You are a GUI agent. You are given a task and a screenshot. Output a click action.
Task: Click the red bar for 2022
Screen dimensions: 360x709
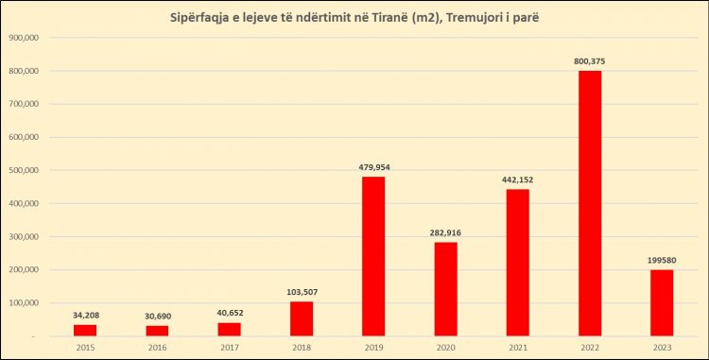[x=590, y=203]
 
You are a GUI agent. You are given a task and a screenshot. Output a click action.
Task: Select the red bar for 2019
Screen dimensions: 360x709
[x=373, y=256]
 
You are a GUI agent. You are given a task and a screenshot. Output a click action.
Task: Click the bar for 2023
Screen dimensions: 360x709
[x=663, y=302]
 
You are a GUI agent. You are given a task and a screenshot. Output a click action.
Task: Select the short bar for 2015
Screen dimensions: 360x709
[x=85, y=330]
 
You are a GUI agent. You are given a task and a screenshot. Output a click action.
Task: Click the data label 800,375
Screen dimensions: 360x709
[x=590, y=61]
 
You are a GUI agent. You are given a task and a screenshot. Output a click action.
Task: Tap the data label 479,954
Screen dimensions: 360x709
[x=373, y=167]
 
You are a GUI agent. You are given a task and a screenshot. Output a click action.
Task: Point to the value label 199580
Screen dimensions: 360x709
[x=663, y=260]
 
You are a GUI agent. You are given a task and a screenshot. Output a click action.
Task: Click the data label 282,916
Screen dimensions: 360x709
[x=446, y=232]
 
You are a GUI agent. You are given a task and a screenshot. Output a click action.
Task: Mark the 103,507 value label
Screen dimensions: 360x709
[x=302, y=292]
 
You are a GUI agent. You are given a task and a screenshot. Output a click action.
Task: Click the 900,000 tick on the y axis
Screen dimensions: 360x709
[x=22, y=38]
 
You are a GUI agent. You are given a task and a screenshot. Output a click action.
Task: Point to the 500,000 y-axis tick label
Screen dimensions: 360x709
[x=22, y=171]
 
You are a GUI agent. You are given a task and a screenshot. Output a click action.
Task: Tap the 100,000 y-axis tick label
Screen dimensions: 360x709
[x=22, y=303]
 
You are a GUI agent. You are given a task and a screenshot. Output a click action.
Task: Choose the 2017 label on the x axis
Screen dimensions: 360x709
[x=230, y=347]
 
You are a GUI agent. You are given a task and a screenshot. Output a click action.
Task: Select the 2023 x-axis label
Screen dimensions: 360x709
[x=663, y=347]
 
